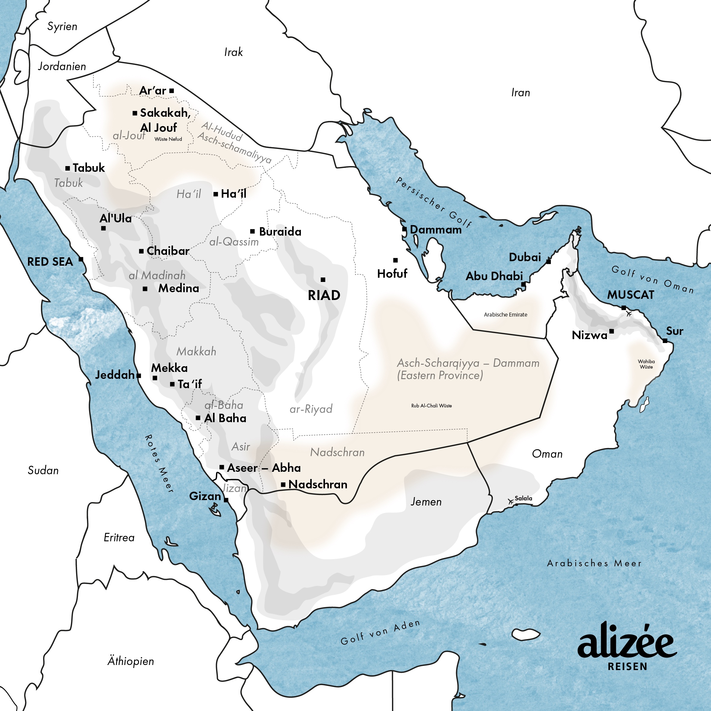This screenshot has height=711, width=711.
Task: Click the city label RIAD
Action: click(x=324, y=295)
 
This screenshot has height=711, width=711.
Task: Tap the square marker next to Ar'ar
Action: click(x=172, y=91)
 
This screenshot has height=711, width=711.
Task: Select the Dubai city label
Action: click(x=525, y=257)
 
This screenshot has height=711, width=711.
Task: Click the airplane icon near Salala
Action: click(x=510, y=501)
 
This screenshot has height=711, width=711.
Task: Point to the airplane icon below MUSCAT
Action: click(x=629, y=314)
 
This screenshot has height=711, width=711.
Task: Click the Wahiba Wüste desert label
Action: click(x=646, y=364)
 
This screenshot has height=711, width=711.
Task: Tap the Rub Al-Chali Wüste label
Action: click(x=431, y=406)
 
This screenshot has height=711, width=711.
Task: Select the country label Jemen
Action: click(x=426, y=502)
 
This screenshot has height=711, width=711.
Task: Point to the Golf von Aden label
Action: click(x=380, y=632)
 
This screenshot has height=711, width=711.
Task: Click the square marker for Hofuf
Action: click(x=396, y=260)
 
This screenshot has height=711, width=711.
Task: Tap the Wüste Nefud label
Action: click(x=168, y=139)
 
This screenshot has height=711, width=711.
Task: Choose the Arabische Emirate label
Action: click(x=505, y=315)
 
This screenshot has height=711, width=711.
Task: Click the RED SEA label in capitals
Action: click(x=50, y=262)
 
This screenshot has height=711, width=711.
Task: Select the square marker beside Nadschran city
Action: click(x=283, y=485)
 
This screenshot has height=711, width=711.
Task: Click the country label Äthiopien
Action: click(x=131, y=661)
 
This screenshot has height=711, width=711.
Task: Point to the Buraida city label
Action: click(x=280, y=232)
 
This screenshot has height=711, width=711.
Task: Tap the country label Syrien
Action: click(x=62, y=26)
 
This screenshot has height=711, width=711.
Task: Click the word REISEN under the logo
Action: click(x=627, y=667)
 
